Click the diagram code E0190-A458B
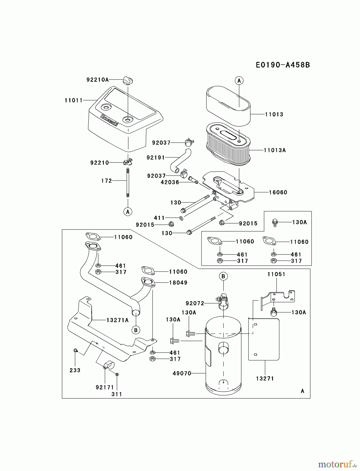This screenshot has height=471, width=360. click(283, 65)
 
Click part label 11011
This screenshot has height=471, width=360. click(74, 100)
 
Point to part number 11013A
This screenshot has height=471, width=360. click(274, 150)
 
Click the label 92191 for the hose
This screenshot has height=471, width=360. click(156, 158)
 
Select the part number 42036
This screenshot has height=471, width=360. click(170, 182)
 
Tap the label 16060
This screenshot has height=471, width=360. click(278, 193)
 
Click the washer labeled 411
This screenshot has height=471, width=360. click(181, 218)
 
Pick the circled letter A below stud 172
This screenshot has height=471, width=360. click(128, 211)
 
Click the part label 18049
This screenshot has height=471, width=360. click(178, 283)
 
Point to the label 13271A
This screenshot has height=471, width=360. click(117, 320)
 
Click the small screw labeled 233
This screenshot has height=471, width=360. click(75, 350)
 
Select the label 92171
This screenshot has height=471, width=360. click(105, 387)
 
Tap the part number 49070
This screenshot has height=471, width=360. click(182, 374)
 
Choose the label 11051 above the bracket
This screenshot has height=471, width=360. click(276, 274)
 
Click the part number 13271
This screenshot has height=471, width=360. click(265, 378)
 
